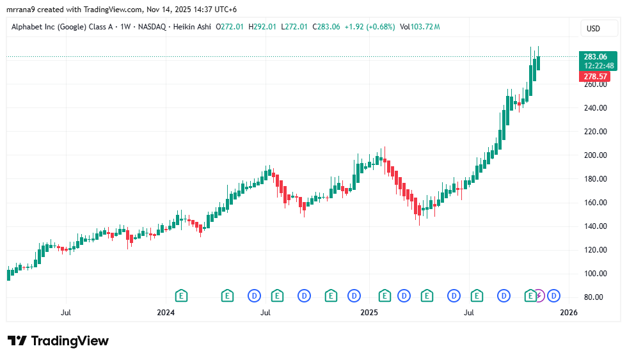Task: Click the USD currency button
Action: point(593,28)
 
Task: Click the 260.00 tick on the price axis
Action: point(594,84)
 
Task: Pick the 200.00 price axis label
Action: point(594,155)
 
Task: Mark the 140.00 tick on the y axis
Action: point(594,226)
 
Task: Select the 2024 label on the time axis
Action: point(166,313)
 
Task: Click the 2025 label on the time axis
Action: point(369,313)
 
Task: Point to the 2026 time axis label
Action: point(569,313)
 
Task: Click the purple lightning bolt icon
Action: point(540,295)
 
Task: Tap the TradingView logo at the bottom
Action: point(58,341)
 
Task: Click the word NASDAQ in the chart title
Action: point(152,27)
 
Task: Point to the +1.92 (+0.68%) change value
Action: point(370,27)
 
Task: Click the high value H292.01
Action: point(262,27)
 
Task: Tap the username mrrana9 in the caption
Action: point(22,9)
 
